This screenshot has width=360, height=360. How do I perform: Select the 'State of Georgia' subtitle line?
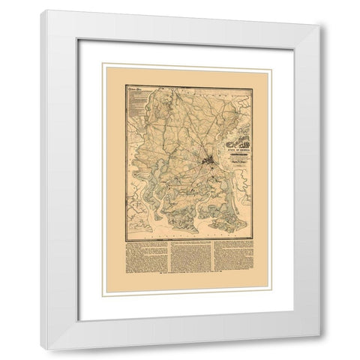(x=218, y=129)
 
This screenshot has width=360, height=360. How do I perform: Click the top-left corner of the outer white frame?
(x=42, y=10)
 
